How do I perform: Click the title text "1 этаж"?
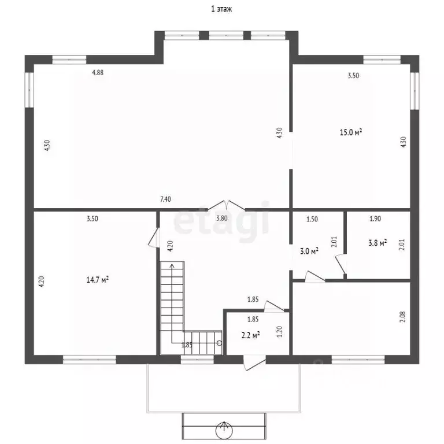tap(221, 9)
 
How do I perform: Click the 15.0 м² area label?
tap(351, 132)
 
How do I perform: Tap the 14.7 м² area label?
tap(98, 280)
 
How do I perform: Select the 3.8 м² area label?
tap(378, 243)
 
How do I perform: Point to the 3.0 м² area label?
tap(309, 251)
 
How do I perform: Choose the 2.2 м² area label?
tap(250, 335)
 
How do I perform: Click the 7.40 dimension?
tap(165, 199)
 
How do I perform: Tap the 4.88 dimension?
tap(98, 72)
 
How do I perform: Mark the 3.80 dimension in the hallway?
tap(222, 219)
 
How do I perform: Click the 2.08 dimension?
tap(403, 317)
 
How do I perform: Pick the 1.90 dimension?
tap(375, 219)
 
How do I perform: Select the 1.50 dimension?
tap(312, 219)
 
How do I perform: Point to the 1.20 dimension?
tap(279, 332)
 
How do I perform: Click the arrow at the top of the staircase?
tap(172, 265)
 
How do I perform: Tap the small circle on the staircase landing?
tap(219, 343)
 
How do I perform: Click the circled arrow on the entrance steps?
tap(224, 430)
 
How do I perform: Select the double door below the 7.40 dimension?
tap(226, 206)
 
